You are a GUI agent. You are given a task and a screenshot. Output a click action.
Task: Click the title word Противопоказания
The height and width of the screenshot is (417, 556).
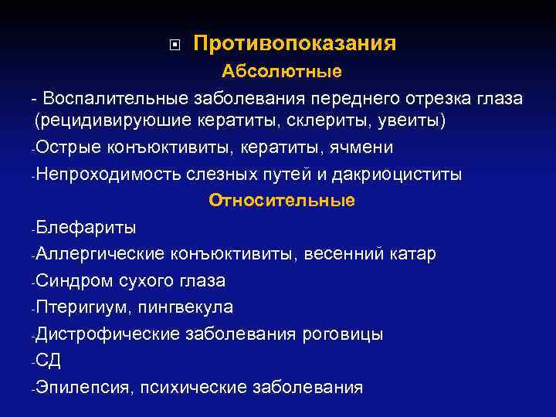click(294, 43)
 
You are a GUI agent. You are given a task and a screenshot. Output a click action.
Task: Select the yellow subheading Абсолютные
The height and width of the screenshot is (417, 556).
click(282, 72)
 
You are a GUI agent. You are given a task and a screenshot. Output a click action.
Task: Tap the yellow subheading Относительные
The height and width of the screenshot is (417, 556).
click(282, 201)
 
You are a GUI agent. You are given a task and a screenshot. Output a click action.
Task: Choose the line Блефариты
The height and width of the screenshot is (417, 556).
click(86, 228)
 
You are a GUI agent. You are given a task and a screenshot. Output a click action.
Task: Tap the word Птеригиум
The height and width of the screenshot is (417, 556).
click(80, 307)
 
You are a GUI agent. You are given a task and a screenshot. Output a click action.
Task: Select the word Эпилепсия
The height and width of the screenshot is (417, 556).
click(83, 388)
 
